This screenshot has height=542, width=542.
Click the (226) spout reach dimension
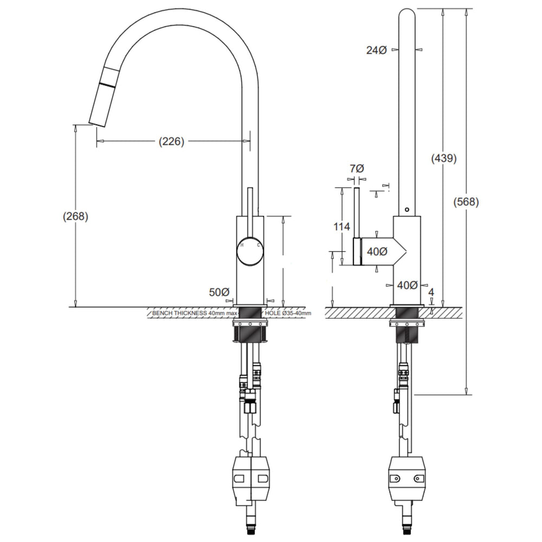[x=171, y=141]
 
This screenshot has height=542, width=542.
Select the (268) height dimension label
[x=76, y=216]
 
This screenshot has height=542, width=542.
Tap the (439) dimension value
[x=444, y=158]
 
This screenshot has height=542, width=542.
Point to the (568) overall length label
[x=466, y=202]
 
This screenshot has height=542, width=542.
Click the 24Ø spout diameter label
[x=377, y=50]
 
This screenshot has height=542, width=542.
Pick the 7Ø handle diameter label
[x=357, y=169]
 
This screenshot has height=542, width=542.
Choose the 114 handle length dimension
[x=341, y=227]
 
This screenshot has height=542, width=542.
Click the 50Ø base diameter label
[x=219, y=292]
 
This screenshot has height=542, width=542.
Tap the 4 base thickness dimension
[x=431, y=293]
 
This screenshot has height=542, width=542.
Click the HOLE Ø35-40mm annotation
[x=288, y=313]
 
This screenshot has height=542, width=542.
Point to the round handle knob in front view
[x=250, y=251]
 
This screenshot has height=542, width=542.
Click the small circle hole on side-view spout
[x=407, y=209]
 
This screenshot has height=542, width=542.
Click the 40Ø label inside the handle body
[x=377, y=251]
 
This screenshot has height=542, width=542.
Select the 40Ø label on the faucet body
[x=407, y=285]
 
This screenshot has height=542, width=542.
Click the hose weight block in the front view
[x=251, y=479]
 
